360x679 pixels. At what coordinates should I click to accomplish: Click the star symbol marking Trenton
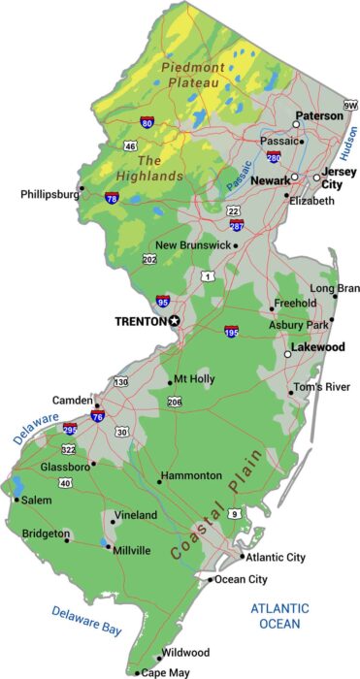pyautogui.click(x=175, y=321)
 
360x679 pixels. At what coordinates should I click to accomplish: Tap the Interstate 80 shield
pyautogui.click(x=147, y=123)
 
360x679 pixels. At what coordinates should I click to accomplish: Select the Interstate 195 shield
pyautogui.click(x=231, y=332)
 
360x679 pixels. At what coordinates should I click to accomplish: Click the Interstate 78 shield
pyautogui.click(x=112, y=199)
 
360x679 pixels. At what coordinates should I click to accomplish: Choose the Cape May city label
pyautogui.click(x=166, y=672)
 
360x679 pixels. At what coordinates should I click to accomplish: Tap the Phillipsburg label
pyautogui.click(x=49, y=194)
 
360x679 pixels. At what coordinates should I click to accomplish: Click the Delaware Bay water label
pyautogui.click(x=87, y=621)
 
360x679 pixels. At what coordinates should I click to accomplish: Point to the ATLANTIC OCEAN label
pyautogui.click(x=280, y=616)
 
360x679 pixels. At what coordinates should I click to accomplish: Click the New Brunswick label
pyautogui.click(x=193, y=245)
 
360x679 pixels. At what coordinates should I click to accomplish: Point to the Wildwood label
pyautogui.click(x=185, y=652)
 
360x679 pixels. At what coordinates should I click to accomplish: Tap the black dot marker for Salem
pyautogui.click(x=16, y=501)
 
